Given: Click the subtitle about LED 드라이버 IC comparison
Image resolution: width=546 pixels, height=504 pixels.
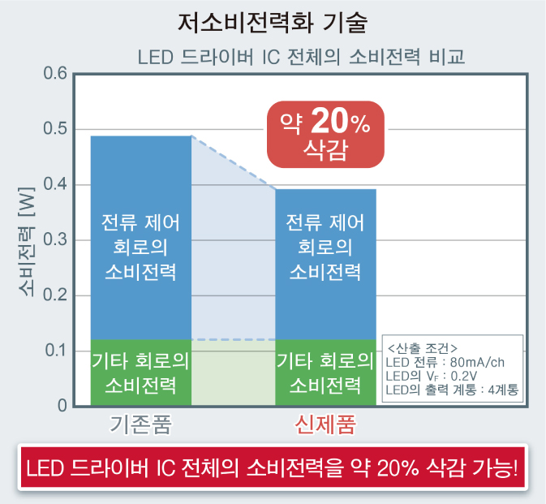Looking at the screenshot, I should click(x=301, y=58).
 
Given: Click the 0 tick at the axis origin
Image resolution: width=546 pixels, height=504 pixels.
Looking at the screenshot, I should click(x=62, y=405).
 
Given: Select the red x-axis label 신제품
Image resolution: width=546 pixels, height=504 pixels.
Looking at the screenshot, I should click(x=325, y=424).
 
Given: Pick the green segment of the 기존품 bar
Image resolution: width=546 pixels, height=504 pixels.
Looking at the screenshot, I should click(x=140, y=372).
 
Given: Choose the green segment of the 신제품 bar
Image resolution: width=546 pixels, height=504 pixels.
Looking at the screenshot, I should click(x=325, y=372).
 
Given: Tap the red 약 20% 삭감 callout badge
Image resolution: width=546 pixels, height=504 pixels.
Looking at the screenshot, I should click(x=325, y=135).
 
